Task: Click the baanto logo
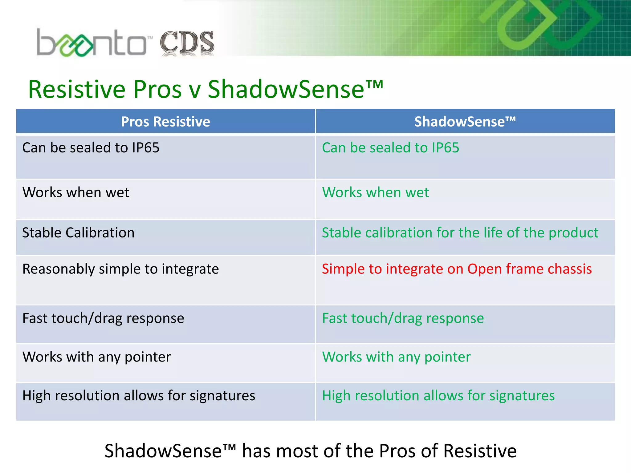[91, 43]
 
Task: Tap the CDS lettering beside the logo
[187, 43]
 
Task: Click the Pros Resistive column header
[165, 122]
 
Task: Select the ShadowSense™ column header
[465, 122]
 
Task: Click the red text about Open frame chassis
[457, 269]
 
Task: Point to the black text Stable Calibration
[78, 233]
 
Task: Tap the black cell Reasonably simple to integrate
[120, 269]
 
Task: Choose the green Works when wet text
[375, 192]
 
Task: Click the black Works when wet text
[76, 192]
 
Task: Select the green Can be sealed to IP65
[390, 148]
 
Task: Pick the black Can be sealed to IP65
[91, 148]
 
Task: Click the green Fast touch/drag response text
[403, 318]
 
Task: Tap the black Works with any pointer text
[96, 357]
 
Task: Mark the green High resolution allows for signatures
[438, 396]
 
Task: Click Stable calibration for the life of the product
[460, 233]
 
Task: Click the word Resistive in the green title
[77, 89]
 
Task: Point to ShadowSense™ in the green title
[295, 89]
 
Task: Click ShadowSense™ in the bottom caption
[170, 451]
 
